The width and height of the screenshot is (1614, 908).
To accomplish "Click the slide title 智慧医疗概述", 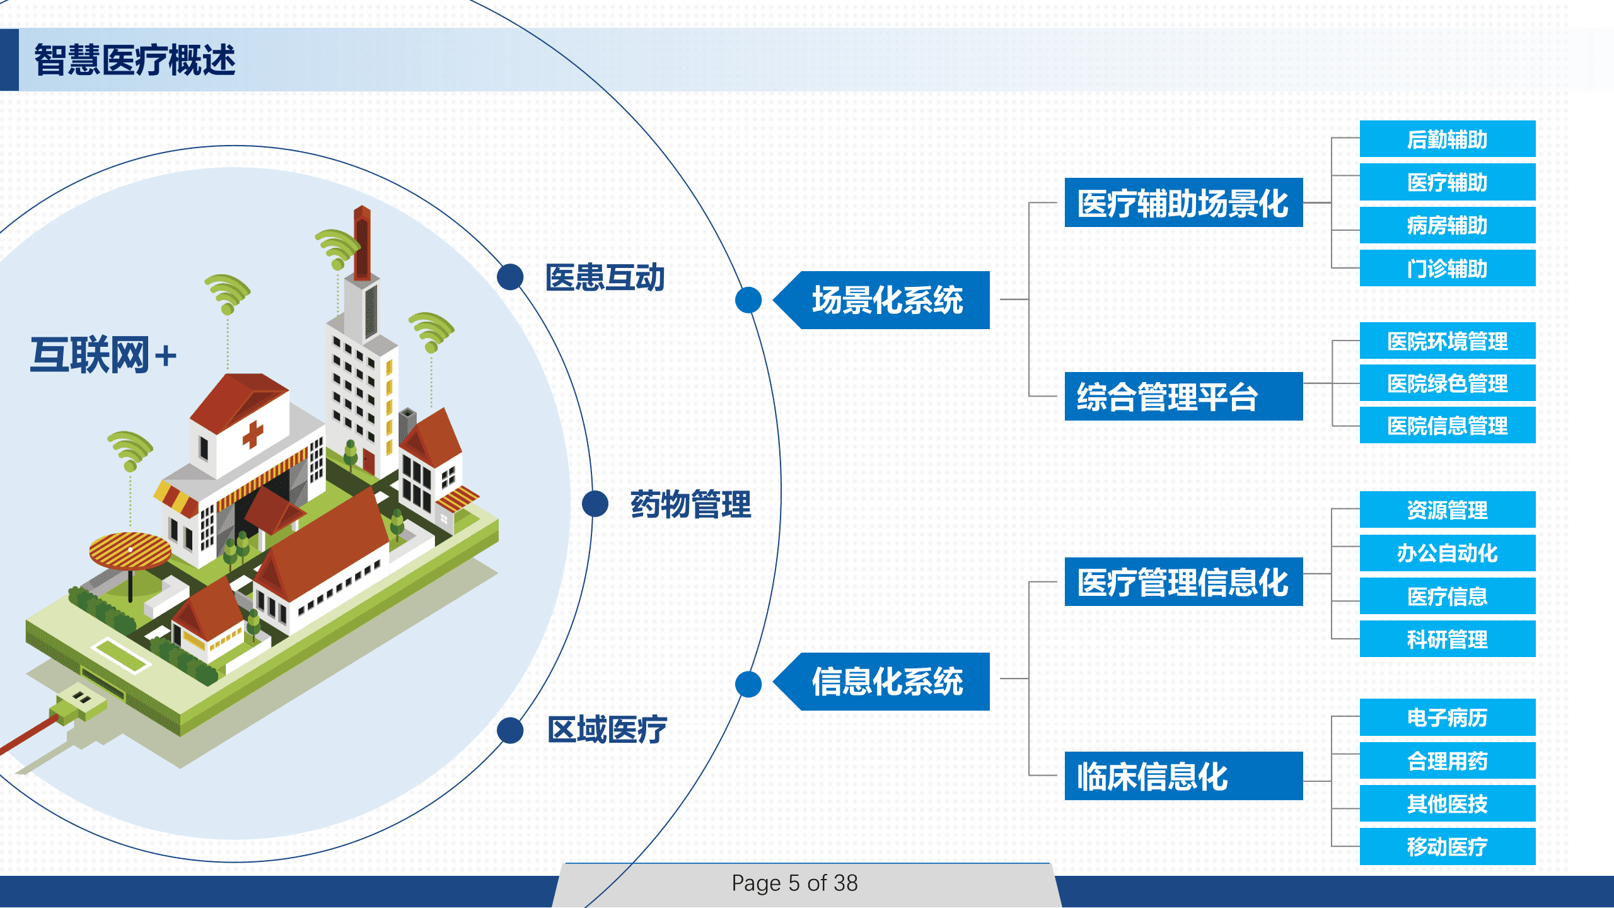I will click(134, 61).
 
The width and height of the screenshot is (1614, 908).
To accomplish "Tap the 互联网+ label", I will click(103, 355).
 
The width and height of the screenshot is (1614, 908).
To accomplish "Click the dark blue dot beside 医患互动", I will click(510, 277).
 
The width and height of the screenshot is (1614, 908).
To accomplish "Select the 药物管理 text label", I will click(690, 504).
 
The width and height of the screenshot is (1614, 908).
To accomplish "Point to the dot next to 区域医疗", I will click(510, 730).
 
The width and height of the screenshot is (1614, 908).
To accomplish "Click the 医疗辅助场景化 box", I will click(1183, 203).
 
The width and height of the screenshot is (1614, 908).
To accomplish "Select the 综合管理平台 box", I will click(1183, 397).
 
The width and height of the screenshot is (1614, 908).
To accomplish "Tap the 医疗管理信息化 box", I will click(1183, 582).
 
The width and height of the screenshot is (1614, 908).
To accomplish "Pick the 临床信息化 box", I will click(1183, 776).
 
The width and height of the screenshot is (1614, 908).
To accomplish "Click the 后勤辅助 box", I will click(1447, 139).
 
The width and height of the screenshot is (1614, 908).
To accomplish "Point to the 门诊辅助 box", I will click(1447, 269).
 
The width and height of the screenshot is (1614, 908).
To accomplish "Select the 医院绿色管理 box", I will click(1447, 383).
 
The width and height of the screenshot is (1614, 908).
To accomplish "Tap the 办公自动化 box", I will click(1447, 553).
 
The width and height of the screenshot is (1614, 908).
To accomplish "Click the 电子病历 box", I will click(1447, 718).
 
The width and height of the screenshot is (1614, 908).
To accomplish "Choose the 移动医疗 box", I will click(1447, 847).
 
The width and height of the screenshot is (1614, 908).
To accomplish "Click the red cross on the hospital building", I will click(253, 434).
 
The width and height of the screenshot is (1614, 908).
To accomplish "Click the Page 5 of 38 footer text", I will click(794, 883).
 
